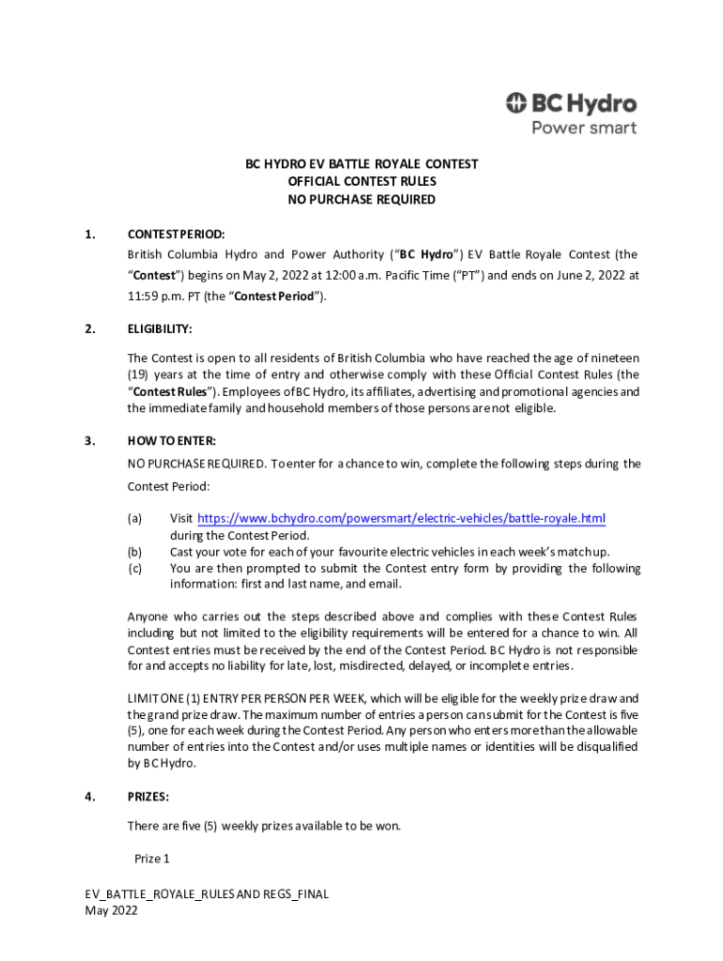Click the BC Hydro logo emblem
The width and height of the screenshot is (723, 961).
pyautogui.click(x=517, y=103)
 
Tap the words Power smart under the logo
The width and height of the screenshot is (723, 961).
pyautogui.click(x=584, y=128)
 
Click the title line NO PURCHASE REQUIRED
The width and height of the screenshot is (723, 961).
pyautogui.click(x=361, y=200)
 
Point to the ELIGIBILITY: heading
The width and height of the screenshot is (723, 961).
pyautogui.click(x=161, y=329)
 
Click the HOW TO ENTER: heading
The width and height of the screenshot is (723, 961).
pyautogui.click(x=172, y=440)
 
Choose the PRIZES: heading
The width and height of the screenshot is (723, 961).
pyautogui.click(x=148, y=797)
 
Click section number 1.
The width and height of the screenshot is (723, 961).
pyautogui.click(x=90, y=234)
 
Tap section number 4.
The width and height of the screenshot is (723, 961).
pyautogui.click(x=90, y=797)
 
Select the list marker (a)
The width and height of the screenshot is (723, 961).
pyautogui.click(x=135, y=518)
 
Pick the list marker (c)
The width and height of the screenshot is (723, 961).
pyautogui.click(x=135, y=569)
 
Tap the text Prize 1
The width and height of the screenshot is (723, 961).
pyautogui.click(x=152, y=859)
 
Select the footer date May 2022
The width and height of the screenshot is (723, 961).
pyautogui.click(x=112, y=910)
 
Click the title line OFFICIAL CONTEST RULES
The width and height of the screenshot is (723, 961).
pyautogui.click(x=361, y=181)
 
